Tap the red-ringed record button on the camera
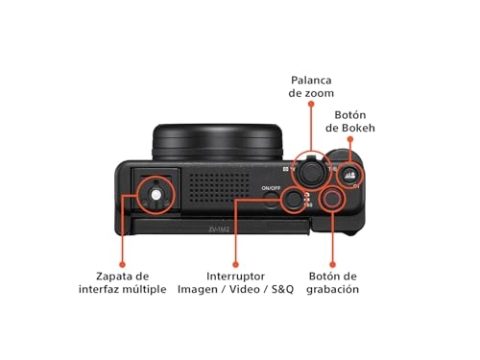coord(332,200)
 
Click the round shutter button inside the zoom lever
coord(310,170)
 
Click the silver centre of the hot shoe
coord(155,193)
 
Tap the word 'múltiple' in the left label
coord(142,288)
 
